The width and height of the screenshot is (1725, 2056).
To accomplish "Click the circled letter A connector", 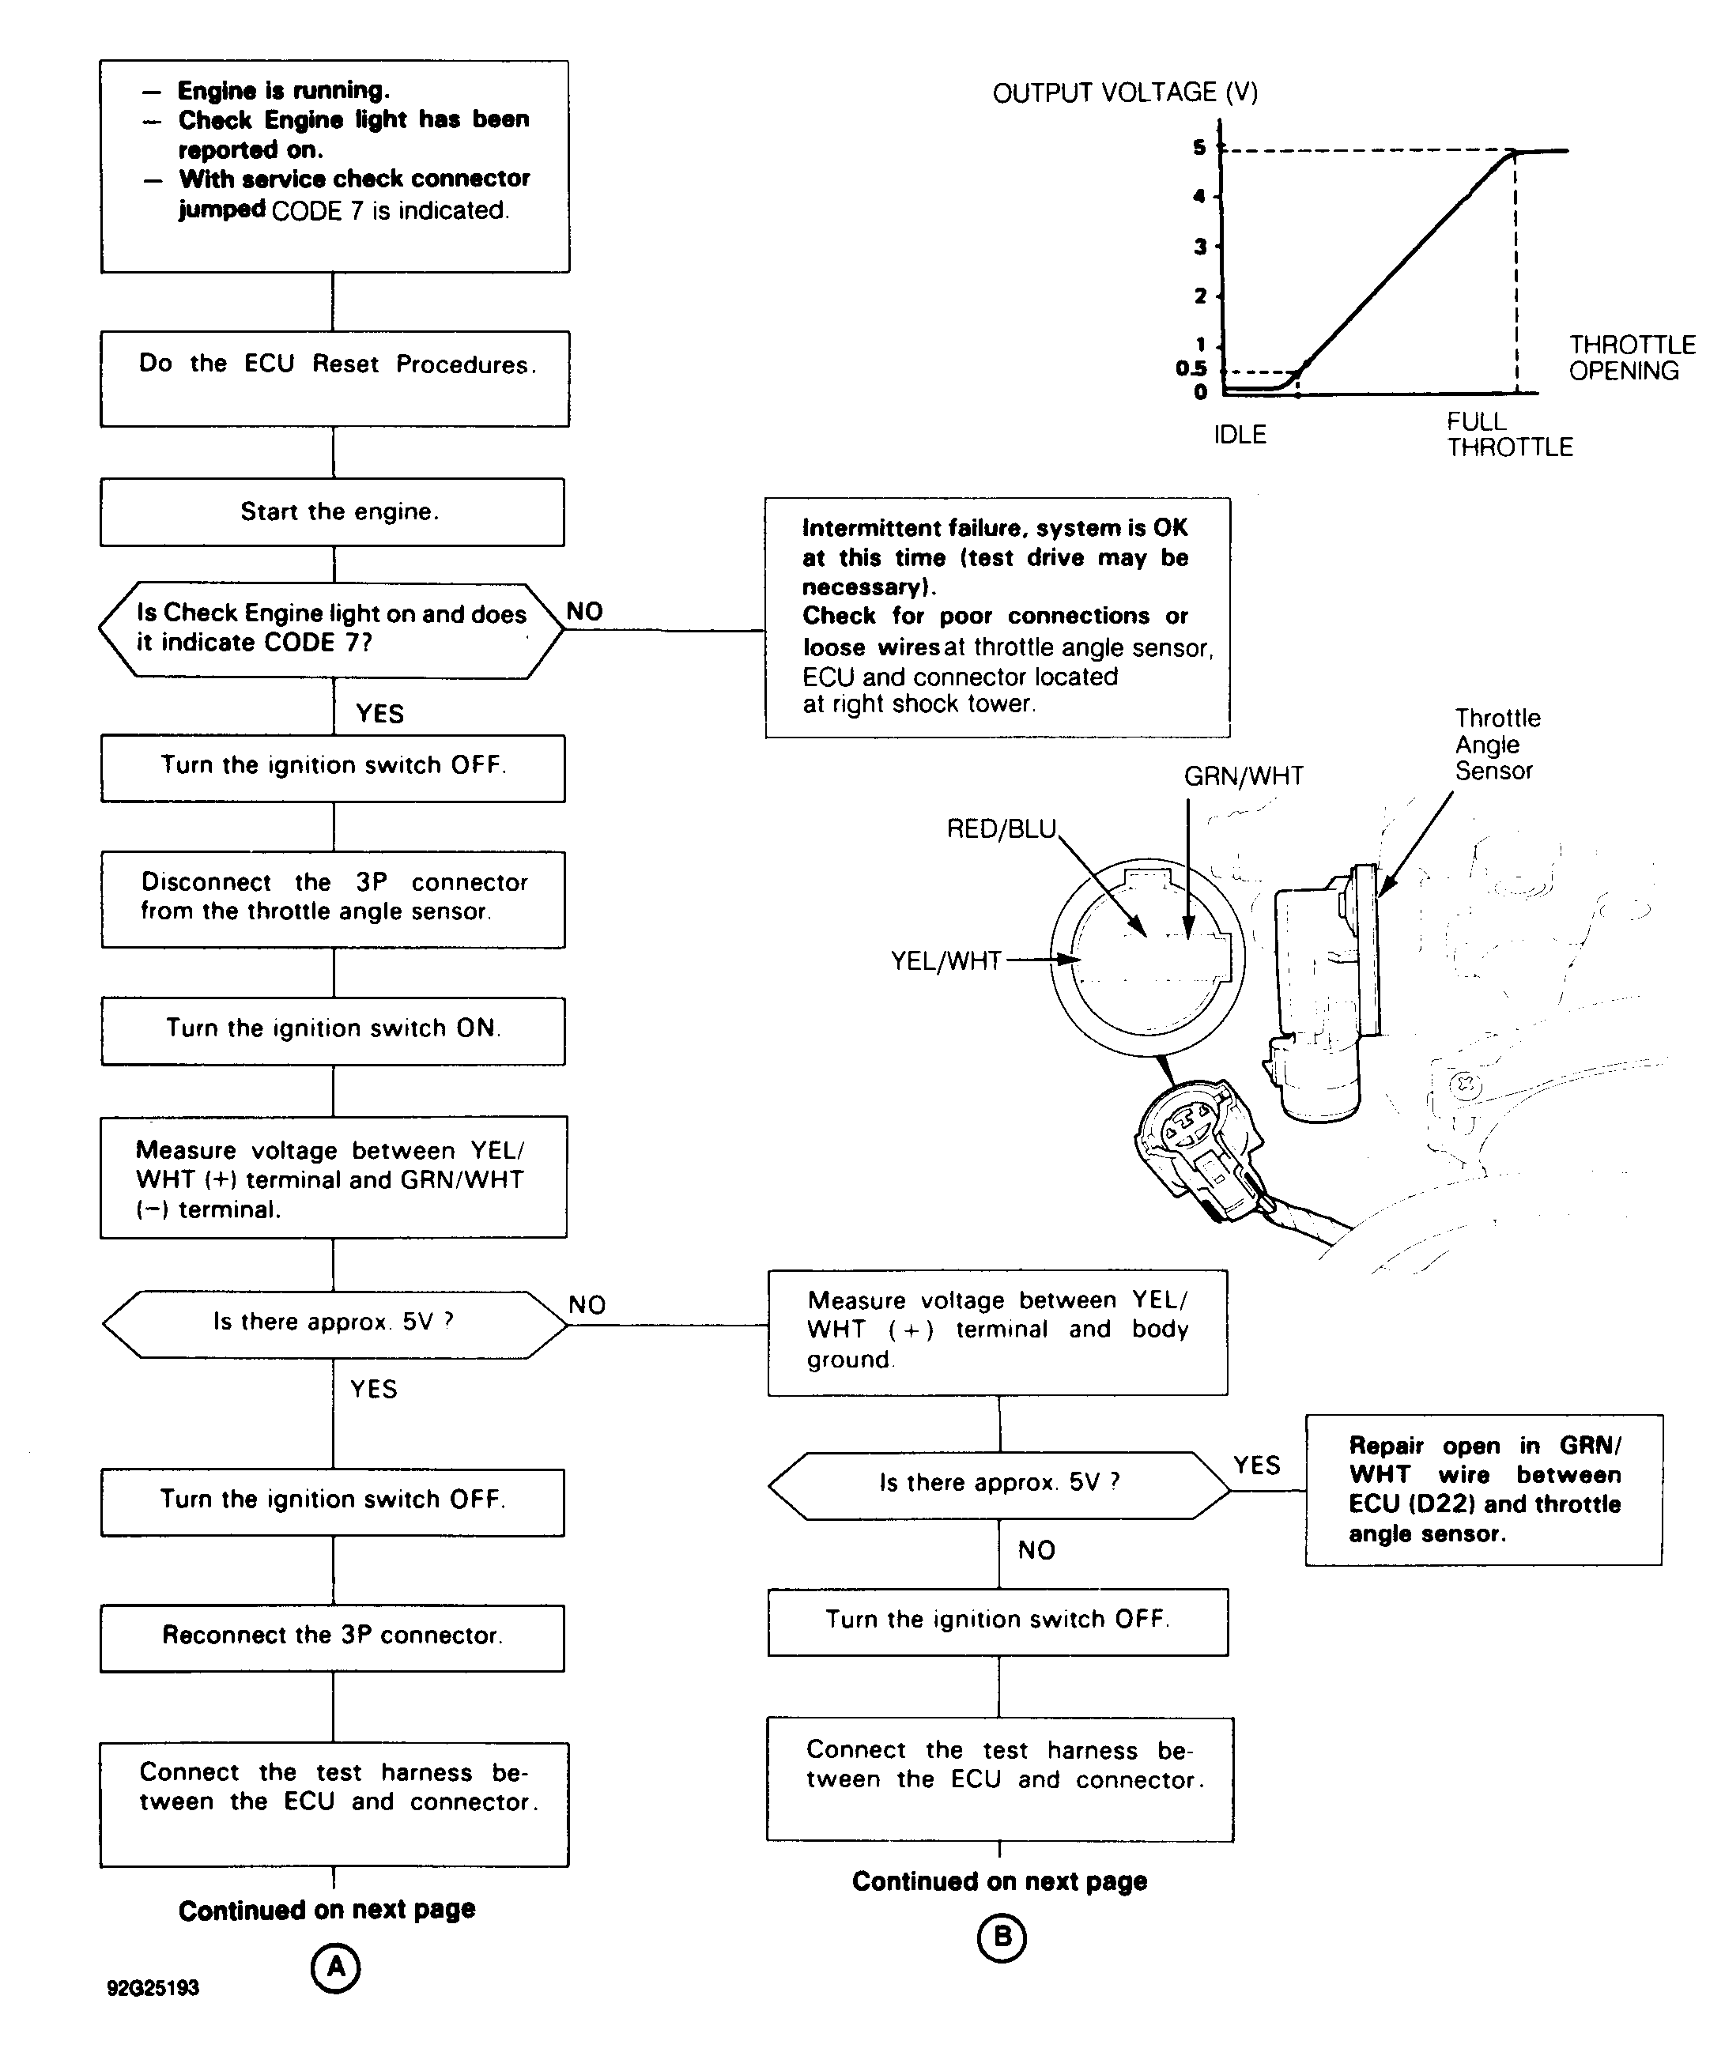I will [335, 1968].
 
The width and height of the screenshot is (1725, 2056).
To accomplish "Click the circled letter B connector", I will [1001, 1937].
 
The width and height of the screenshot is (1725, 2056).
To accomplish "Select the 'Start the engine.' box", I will [333, 512].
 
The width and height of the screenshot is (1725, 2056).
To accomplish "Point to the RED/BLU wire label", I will [1002, 829].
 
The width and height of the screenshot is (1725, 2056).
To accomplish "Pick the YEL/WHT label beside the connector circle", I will [946, 960].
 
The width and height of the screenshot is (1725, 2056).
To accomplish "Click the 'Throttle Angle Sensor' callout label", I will [1497, 744].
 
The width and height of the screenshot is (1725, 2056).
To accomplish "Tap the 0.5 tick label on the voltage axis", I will [1191, 369].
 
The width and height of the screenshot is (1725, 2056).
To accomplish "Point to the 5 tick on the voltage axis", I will [1199, 148].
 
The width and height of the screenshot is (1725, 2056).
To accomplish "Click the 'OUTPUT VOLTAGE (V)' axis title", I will [1125, 93].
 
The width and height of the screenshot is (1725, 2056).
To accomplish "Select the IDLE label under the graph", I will [1240, 435].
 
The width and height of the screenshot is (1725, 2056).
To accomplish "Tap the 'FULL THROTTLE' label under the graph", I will [1508, 435].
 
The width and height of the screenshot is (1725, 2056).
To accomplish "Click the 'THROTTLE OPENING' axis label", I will [1631, 357].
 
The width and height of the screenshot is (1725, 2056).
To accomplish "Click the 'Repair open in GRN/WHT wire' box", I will [1483, 1489].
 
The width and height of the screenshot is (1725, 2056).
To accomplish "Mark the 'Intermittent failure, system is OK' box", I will [997, 617].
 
